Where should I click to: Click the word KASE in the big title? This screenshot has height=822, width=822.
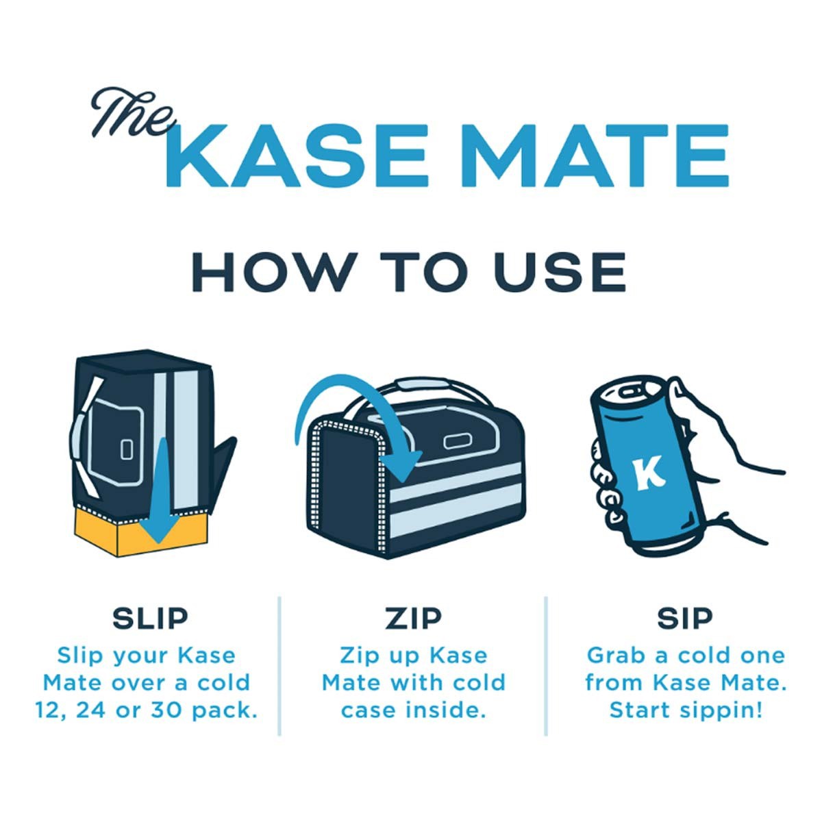tap(300, 155)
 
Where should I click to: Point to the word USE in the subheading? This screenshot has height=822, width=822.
tap(560, 272)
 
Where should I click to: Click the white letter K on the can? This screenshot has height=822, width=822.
tap(649, 472)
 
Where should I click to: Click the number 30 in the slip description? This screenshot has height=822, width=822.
tap(166, 710)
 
